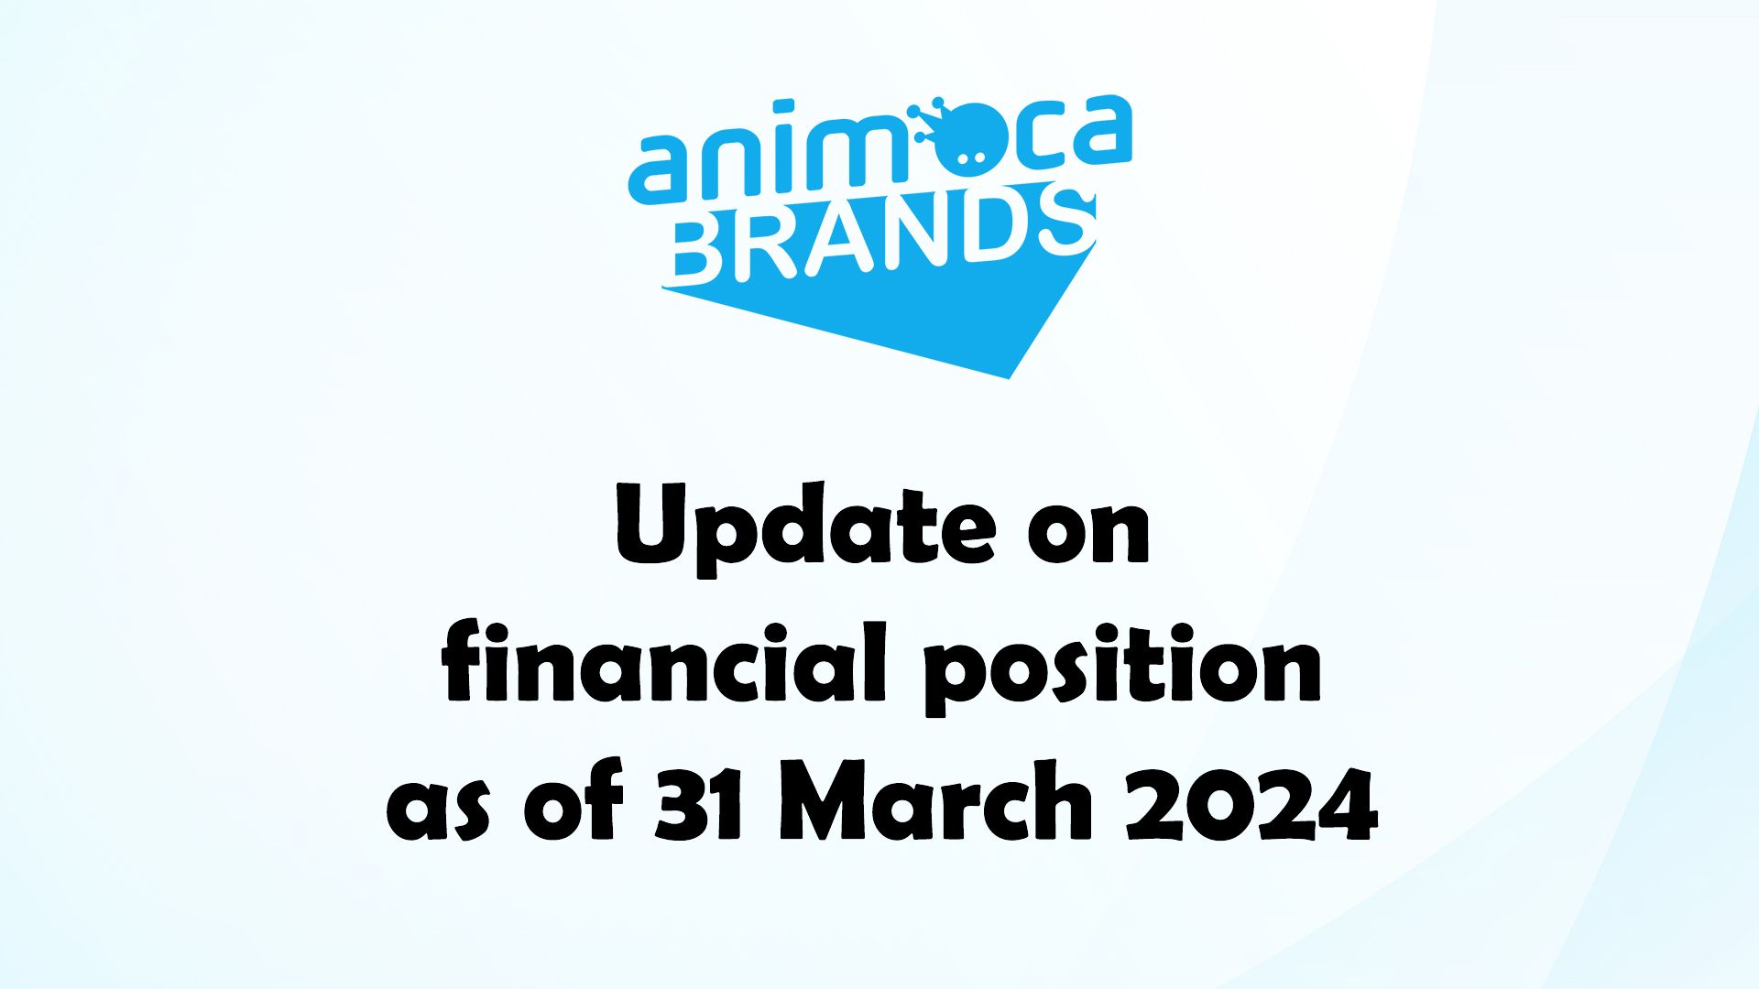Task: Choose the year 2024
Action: (1251, 801)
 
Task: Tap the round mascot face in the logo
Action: (961, 147)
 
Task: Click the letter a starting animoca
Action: (661, 169)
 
